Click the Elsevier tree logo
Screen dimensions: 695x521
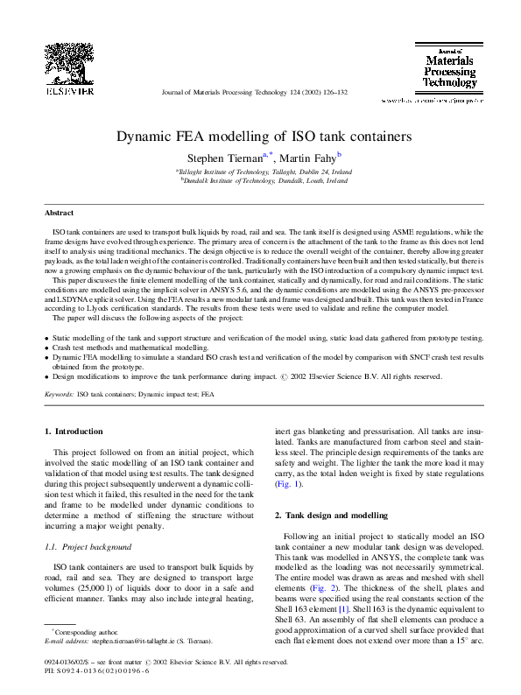coord(69,60)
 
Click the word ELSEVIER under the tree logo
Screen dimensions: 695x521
coord(69,89)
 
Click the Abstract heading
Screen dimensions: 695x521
coord(60,213)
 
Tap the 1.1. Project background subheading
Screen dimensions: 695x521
coord(88,547)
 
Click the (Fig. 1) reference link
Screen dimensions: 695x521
coord(288,483)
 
